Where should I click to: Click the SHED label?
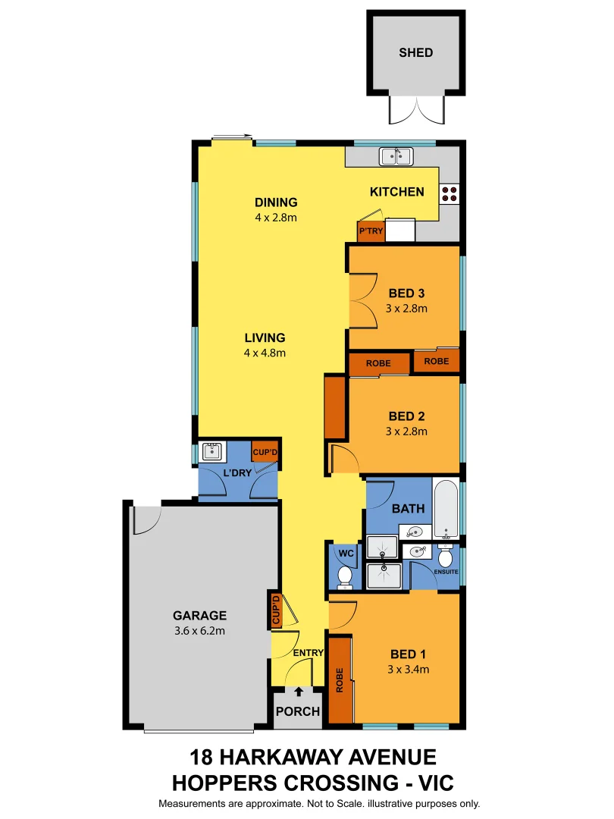(416, 52)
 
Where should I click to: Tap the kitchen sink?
(396, 156)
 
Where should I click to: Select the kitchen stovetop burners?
(449, 193)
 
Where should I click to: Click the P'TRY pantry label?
(371, 231)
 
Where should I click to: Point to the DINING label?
(276, 202)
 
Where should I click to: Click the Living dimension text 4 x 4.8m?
(265, 353)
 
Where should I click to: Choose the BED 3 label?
(406, 293)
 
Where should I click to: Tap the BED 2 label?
(406, 416)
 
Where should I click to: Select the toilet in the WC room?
(345, 579)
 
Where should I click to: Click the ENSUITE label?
(446, 571)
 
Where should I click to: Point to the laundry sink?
(211, 453)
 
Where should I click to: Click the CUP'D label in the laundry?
(265, 452)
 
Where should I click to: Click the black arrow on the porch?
(299, 692)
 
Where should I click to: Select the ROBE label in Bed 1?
(340, 679)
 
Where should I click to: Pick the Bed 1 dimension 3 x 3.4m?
(407, 670)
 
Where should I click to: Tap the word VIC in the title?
(429, 782)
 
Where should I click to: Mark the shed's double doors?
(416, 110)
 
